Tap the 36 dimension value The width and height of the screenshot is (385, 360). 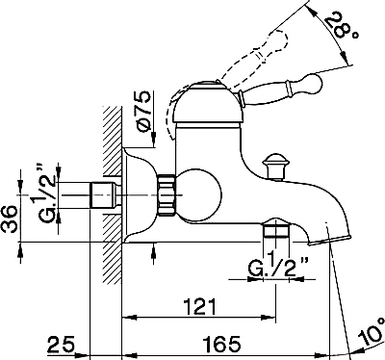click(10, 219)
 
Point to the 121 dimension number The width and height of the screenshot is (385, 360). click(199, 307)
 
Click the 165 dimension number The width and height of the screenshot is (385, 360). click(222, 344)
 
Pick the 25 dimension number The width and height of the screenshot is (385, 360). click(62, 345)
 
